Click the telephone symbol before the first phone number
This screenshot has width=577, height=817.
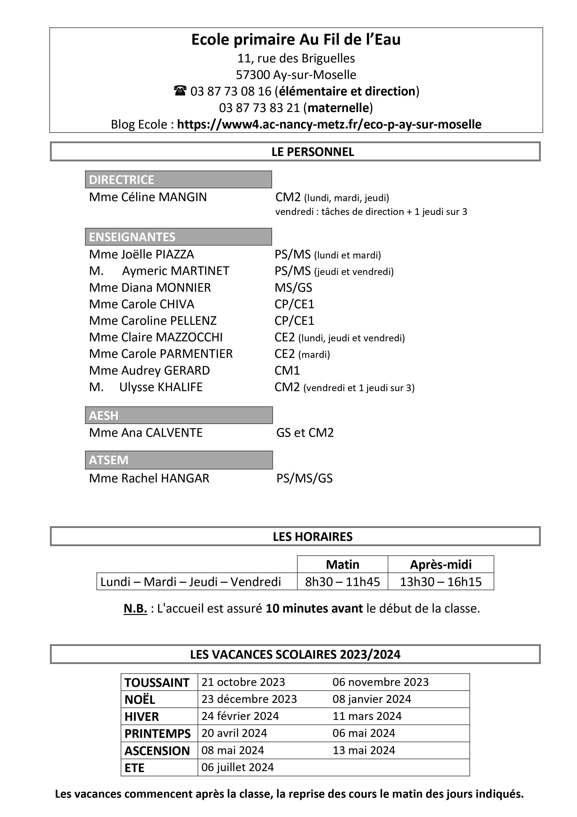coord(180,91)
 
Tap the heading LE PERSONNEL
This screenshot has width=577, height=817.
coord(313,152)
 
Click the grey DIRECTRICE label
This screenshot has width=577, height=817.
coord(122,180)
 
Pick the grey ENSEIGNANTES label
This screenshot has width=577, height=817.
coord(132,237)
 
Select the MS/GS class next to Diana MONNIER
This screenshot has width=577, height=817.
coord(293,288)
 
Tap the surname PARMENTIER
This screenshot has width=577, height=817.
coord(196,354)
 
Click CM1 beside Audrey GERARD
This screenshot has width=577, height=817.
coord(287,370)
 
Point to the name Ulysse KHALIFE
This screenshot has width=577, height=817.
coord(161,387)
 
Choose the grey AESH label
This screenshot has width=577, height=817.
coord(104,416)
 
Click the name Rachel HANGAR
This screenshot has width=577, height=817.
coord(165,478)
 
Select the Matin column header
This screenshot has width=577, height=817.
coord(342,564)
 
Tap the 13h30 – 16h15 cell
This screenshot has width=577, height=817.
coord(440,582)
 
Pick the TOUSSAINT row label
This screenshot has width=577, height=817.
coord(157,682)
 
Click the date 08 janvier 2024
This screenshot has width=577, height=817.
coord(371,699)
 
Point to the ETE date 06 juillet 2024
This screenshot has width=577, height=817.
coord(237,767)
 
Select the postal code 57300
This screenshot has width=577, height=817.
coord(253,75)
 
